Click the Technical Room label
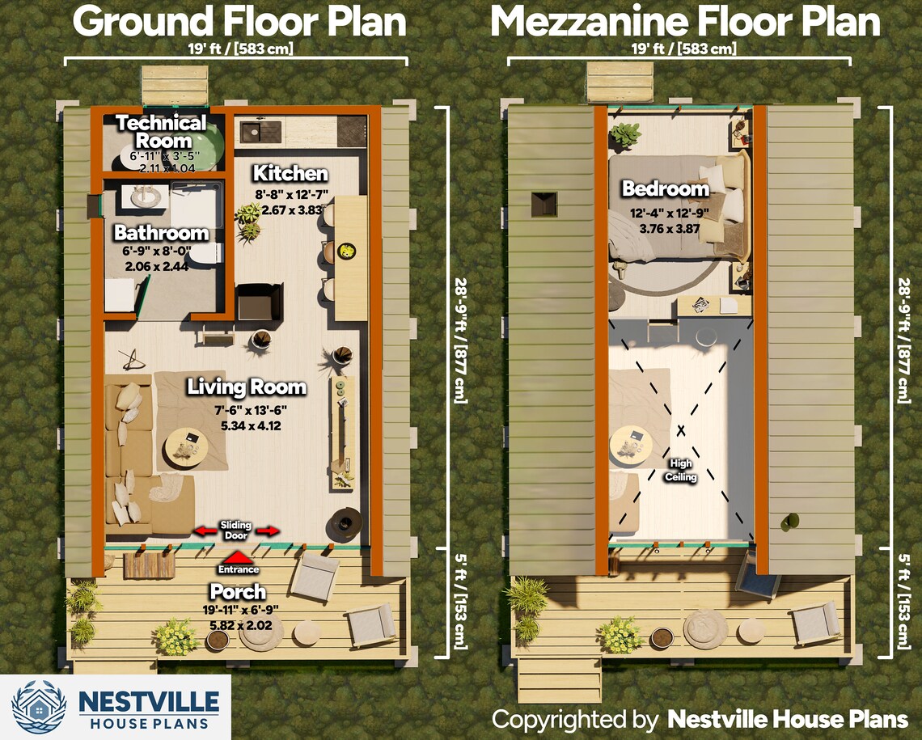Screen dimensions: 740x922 click(x=162, y=132)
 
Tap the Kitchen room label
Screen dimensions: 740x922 click(x=290, y=174)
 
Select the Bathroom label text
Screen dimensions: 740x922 click(x=161, y=234)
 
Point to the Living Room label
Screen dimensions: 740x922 click(x=247, y=387)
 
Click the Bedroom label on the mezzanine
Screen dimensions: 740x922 click(x=665, y=189)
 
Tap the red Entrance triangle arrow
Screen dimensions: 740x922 click(x=237, y=556)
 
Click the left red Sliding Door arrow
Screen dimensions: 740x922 click(x=205, y=531)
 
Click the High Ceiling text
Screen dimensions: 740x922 click(x=679, y=470)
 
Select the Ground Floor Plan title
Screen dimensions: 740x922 click(x=239, y=22)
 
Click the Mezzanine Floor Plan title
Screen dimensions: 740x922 click(x=685, y=22)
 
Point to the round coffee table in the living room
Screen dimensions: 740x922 click(x=186, y=448)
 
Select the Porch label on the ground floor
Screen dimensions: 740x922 click(x=238, y=592)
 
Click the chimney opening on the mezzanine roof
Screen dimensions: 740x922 click(x=543, y=204)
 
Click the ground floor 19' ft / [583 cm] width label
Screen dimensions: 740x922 click(x=235, y=49)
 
